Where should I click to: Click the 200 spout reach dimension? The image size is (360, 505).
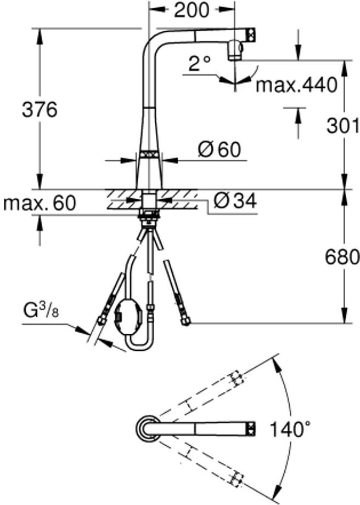[192, 10]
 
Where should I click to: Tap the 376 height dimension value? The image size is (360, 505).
[40, 109]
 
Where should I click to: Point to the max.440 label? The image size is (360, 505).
[296, 85]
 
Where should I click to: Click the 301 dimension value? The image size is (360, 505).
[342, 125]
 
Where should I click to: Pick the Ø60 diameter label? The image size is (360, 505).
[220, 149]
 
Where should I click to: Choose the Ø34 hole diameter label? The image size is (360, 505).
[235, 201]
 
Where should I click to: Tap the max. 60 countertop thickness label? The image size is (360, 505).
[40, 203]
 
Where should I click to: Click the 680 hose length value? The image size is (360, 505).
[342, 257]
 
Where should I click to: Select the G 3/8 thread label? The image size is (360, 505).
[41, 311]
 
